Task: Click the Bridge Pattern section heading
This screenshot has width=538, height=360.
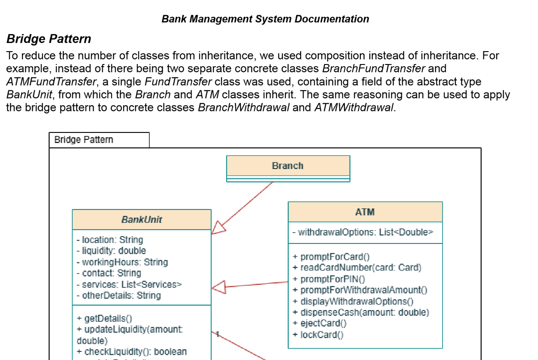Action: pos(49,39)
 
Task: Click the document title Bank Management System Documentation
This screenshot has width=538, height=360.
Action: pos(265,19)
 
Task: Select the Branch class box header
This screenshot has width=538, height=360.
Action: pos(288,166)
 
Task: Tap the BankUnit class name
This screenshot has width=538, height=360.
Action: pos(141,219)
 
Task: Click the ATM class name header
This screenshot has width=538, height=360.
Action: pos(365,212)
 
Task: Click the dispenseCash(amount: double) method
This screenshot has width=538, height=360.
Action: pos(364,312)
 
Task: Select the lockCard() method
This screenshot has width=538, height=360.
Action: pos(322,335)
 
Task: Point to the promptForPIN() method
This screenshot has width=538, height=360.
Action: pos(332,279)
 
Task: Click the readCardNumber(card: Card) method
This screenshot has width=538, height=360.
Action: pos(360,268)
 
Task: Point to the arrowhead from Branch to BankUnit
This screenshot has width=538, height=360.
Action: pos(218,228)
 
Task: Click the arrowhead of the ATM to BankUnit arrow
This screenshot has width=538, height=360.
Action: pos(218,287)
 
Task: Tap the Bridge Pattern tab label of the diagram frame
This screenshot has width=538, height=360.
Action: pos(84,140)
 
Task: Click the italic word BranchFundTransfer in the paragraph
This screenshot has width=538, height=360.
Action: pos(373,68)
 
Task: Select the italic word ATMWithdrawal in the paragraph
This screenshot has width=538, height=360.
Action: pos(354,107)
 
